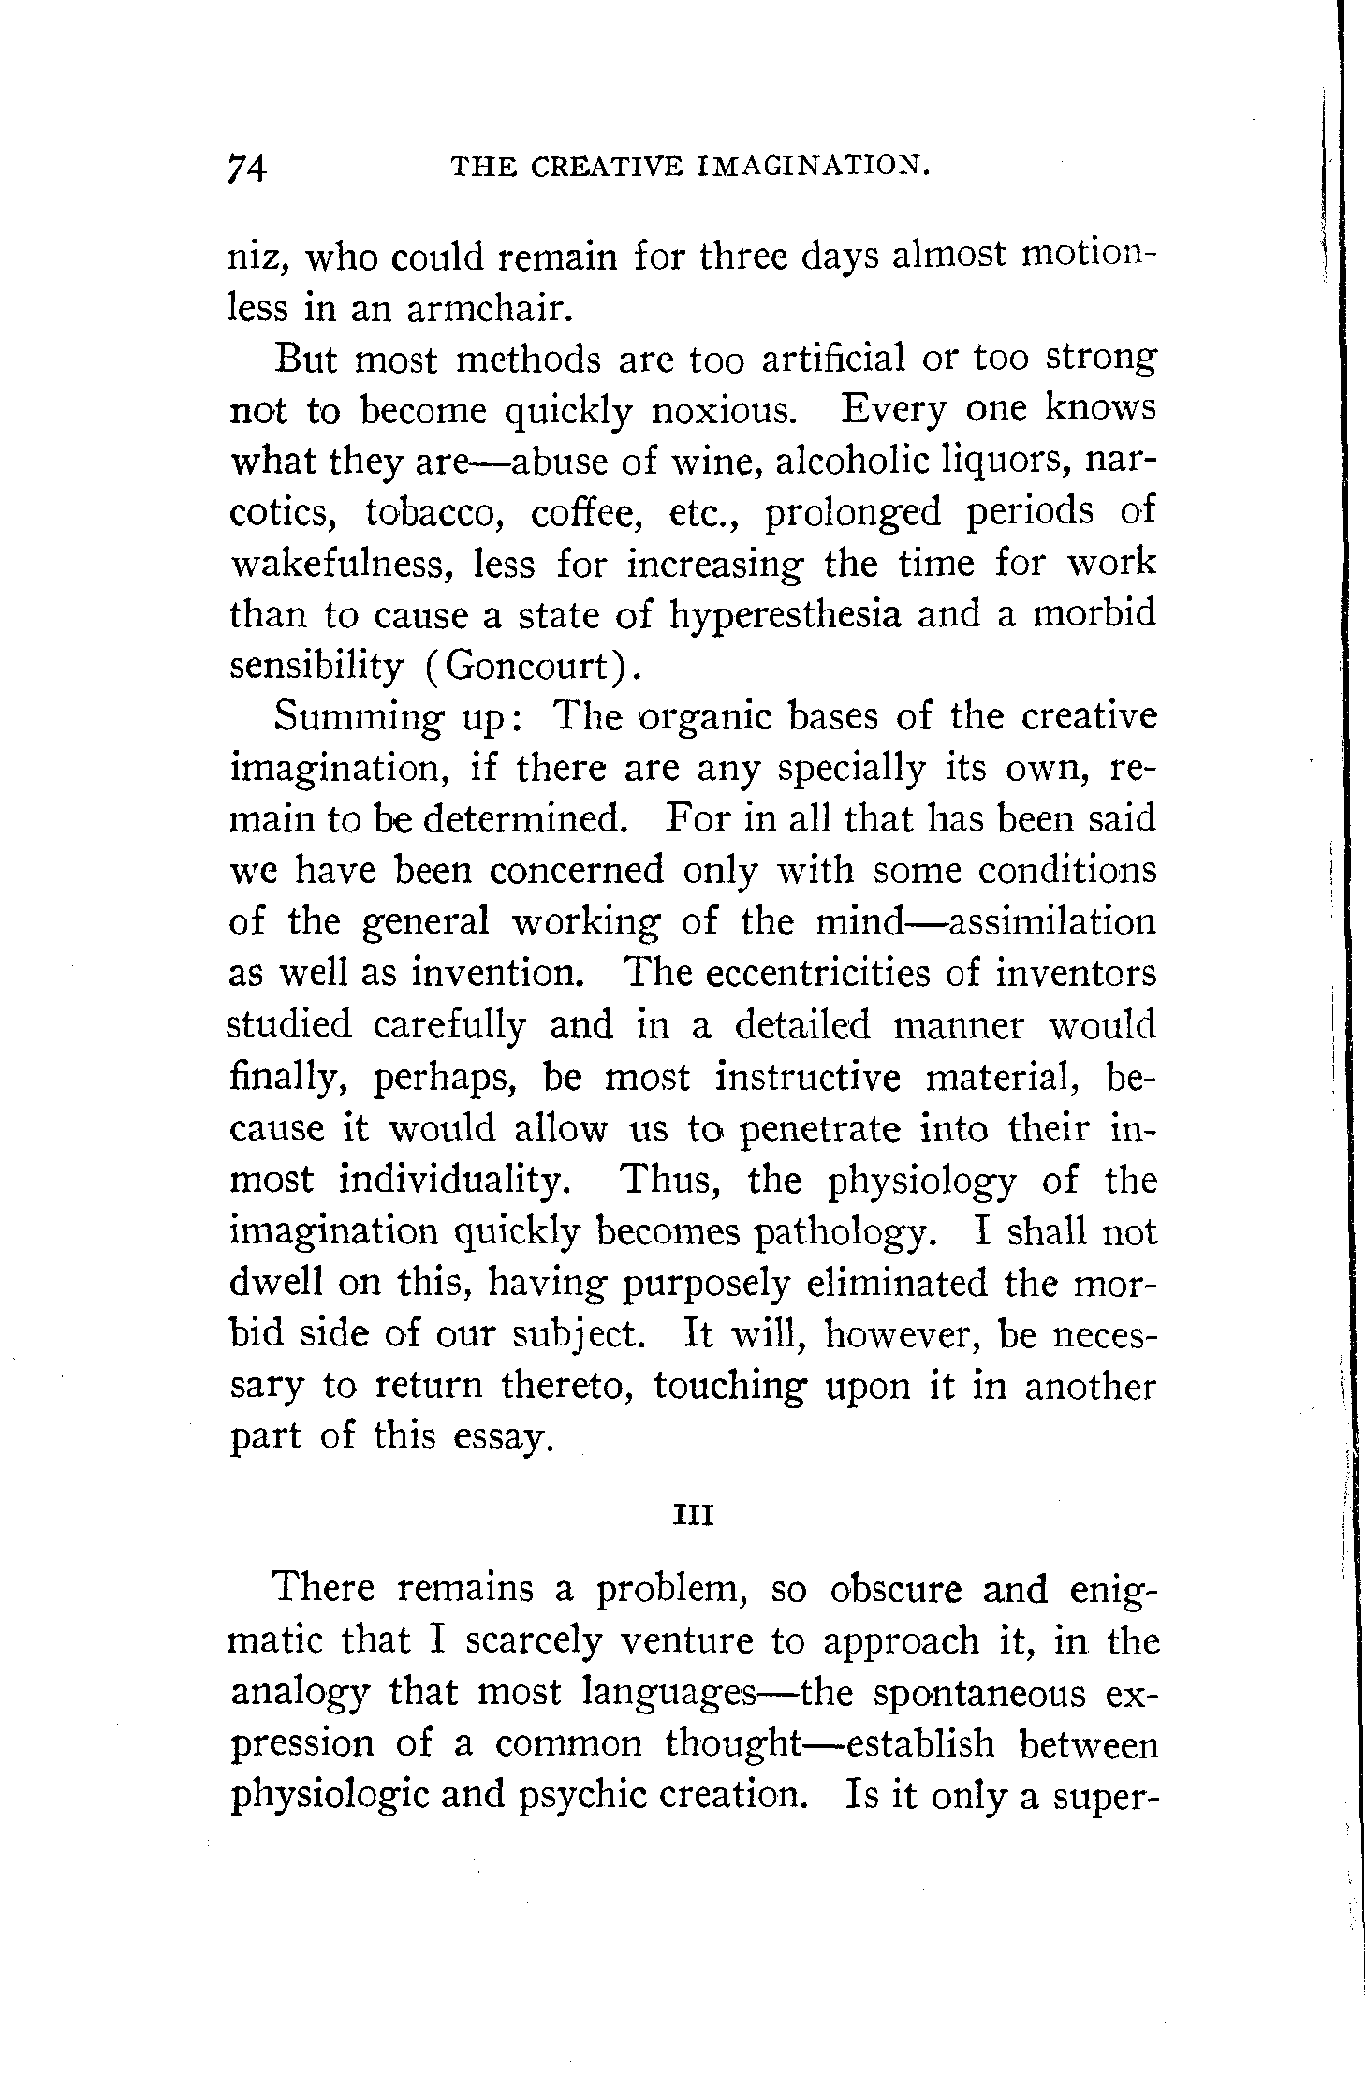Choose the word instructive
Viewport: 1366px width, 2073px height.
point(807,1078)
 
